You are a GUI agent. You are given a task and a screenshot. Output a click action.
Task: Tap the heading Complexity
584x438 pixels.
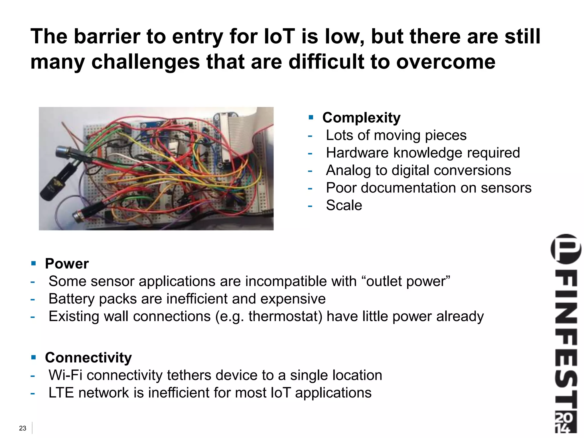coord(361,118)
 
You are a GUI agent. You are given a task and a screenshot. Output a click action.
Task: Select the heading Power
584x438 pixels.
coord(67,263)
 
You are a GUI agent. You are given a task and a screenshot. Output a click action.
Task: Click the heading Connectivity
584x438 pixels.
coord(88,358)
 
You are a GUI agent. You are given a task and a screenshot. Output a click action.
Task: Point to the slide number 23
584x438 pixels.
coord(23,428)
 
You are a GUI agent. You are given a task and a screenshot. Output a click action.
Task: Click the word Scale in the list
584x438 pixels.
coord(344,205)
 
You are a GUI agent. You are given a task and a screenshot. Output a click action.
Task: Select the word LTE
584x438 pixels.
coord(61,393)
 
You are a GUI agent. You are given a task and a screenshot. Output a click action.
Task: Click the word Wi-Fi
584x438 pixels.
coord(65,375)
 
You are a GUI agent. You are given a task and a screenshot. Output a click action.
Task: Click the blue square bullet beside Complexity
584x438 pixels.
coord(311,117)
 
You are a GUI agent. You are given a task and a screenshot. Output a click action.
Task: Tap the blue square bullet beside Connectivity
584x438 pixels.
coord(34,357)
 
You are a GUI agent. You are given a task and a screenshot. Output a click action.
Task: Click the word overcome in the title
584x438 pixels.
coord(446,62)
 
